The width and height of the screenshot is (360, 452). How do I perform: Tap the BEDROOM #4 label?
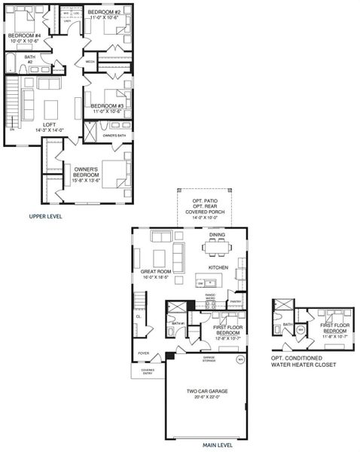(22, 36)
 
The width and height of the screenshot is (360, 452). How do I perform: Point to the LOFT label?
(49, 124)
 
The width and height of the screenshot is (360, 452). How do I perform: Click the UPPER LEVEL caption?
(45, 216)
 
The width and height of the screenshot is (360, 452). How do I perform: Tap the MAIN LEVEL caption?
(218, 445)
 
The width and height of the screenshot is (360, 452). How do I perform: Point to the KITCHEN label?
(218, 267)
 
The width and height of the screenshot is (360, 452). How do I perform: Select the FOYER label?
(143, 353)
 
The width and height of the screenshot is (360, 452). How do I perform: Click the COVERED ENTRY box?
(143, 372)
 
